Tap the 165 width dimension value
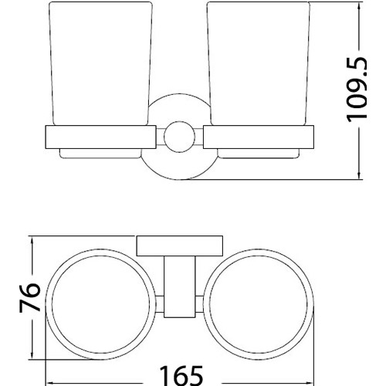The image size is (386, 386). pyautogui.click(x=181, y=374)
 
